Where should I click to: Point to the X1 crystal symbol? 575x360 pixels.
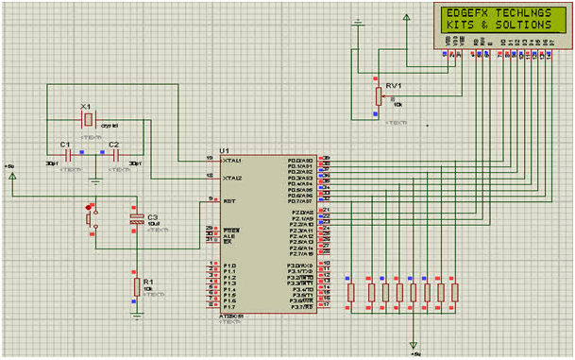click(88, 120)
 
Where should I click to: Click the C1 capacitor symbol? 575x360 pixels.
click(69, 155)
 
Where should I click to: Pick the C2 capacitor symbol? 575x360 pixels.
click(115, 155)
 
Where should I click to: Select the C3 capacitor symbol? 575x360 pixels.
click(137, 220)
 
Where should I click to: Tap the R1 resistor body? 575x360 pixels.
click(136, 286)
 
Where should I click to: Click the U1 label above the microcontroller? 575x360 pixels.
click(224, 151)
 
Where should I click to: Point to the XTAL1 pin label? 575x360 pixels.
click(232, 160)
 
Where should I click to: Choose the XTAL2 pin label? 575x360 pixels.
click(232, 177)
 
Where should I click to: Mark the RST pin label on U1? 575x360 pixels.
click(228, 200)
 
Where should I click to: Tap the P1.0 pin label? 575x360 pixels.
click(228, 266)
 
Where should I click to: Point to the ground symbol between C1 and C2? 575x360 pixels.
click(94, 178)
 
